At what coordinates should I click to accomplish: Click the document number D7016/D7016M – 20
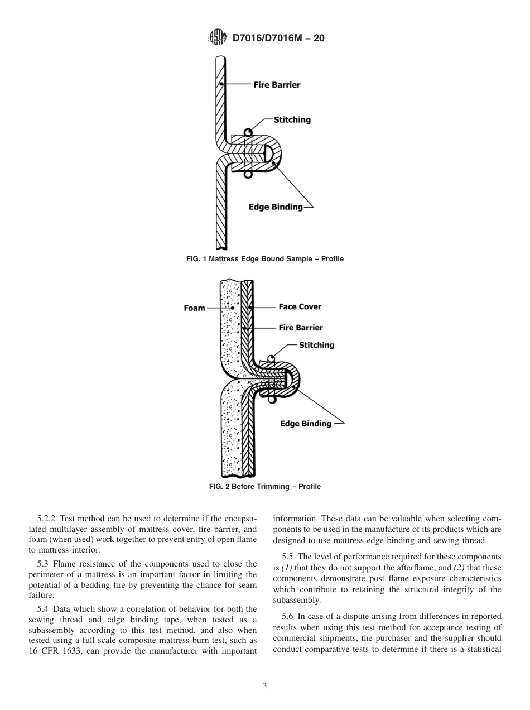[278, 38]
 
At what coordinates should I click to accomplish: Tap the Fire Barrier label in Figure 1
[277, 85]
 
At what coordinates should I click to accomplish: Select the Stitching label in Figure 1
[292, 120]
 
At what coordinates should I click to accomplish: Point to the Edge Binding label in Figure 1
[276, 207]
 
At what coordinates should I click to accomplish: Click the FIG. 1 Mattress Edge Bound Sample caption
[265, 259]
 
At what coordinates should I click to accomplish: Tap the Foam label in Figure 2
[194, 308]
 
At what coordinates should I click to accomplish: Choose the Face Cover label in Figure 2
[300, 306]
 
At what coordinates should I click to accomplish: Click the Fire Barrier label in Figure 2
[301, 328]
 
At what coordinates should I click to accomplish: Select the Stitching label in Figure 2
[316, 346]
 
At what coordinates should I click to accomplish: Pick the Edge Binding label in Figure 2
[305, 424]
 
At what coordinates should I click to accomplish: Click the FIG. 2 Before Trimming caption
[265, 487]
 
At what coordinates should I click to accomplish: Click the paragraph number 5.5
[289, 557]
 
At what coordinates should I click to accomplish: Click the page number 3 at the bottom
[265, 686]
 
